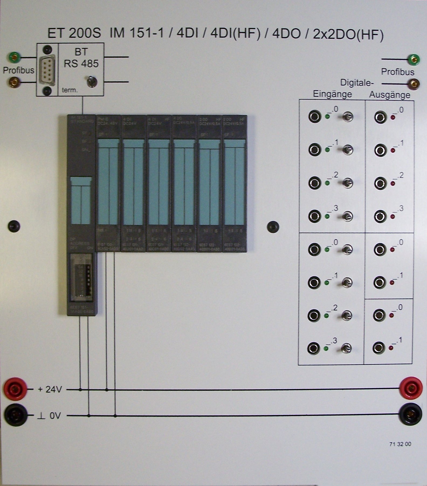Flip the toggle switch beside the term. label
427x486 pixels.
[x=92, y=81]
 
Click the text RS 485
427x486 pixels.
[x=81, y=64]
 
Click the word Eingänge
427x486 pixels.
[x=332, y=94]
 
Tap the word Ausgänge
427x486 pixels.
[x=390, y=95]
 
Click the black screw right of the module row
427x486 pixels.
[x=273, y=227]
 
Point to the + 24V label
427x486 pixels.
[x=50, y=389]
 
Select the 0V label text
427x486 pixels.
[x=55, y=416]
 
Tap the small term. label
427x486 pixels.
[x=70, y=90]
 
